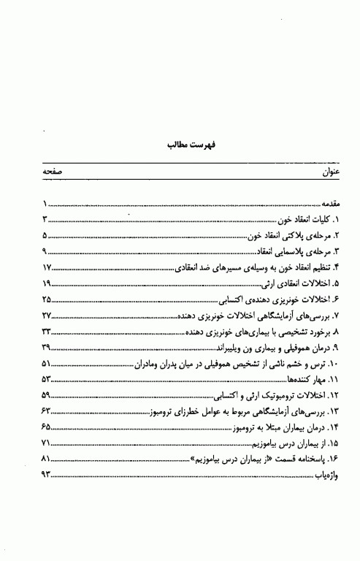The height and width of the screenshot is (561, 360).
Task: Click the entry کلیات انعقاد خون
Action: pyautogui.click(x=302, y=220)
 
